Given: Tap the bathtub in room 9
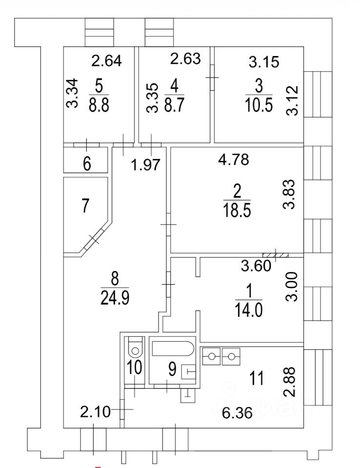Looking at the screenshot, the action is pyautogui.click(x=173, y=350).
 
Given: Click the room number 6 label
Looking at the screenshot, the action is pyautogui.click(x=86, y=164).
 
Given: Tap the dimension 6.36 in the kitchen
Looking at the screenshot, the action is pyautogui.click(x=235, y=415).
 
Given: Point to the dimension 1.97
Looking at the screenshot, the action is pyautogui.click(x=146, y=165).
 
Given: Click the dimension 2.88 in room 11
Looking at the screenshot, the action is pyautogui.click(x=292, y=379).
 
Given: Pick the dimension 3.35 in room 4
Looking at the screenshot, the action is pyautogui.click(x=154, y=98).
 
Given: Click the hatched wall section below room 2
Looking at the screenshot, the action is pyautogui.click(x=276, y=254).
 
